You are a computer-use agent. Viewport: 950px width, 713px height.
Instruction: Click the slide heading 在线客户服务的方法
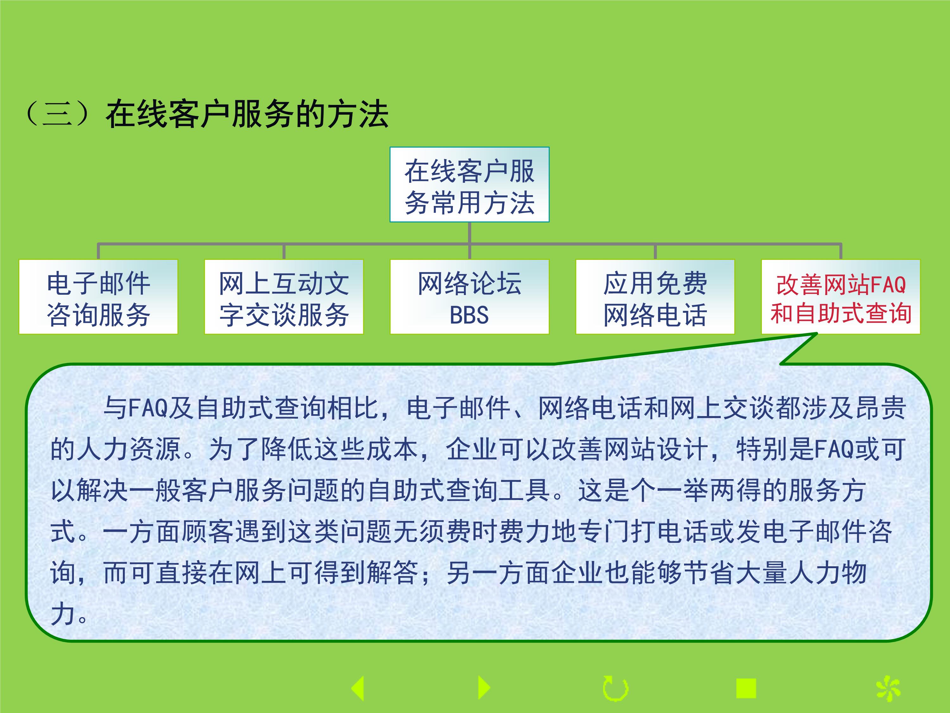tap(247, 114)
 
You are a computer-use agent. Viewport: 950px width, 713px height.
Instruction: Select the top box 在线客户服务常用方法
tap(469, 185)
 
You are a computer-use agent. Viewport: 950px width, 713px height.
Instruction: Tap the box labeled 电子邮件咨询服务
tap(98, 297)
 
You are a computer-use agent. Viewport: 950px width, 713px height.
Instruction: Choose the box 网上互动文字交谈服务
tap(284, 297)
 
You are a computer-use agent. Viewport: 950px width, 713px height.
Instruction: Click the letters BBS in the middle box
tap(469, 315)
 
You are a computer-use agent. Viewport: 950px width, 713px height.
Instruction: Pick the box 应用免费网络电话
tap(655, 297)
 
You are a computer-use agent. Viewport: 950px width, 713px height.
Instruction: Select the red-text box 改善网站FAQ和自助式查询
tap(840, 297)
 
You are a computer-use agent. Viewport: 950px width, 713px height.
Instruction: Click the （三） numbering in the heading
tap(58, 115)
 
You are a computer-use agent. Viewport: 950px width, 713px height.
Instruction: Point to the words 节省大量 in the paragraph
tap(709, 573)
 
